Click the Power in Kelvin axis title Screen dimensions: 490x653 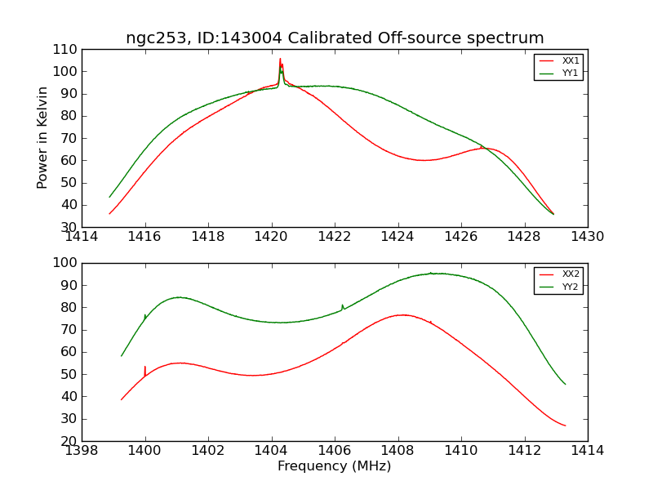[43, 137]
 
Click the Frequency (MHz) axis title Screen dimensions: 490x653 [334, 466]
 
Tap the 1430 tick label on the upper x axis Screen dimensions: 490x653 [587, 237]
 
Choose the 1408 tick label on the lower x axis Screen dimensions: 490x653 [398, 450]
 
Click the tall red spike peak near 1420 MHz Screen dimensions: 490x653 [280, 60]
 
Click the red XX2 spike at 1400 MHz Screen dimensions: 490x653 [145, 367]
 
